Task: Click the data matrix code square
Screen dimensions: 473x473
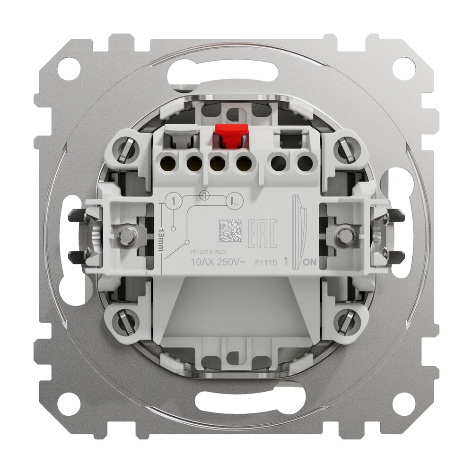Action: [x=230, y=231]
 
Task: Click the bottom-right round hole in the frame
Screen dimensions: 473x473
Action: [x=403, y=403]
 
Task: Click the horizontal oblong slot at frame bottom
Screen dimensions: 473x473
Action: [x=236, y=405]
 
